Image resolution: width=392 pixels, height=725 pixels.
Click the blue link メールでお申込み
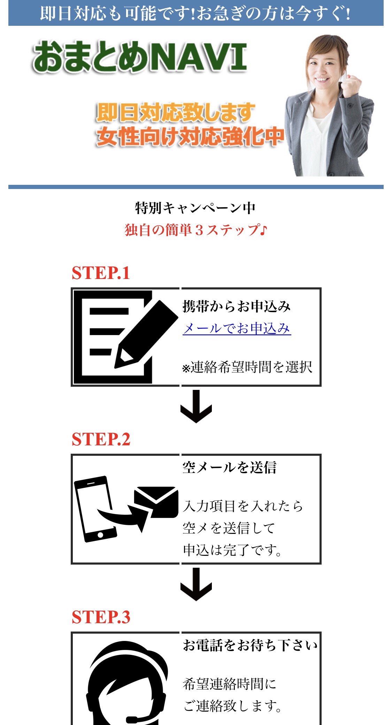pyautogui.click(x=237, y=328)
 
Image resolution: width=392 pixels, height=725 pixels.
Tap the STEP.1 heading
pyautogui.click(x=101, y=273)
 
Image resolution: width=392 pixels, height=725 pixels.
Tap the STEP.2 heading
pyautogui.click(x=101, y=439)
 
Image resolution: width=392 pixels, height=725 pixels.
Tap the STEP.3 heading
pyautogui.click(x=101, y=617)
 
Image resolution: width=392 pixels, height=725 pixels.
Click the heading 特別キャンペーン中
pyautogui.click(x=195, y=208)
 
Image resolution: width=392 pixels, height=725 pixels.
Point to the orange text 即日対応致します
pyautogui.click(x=176, y=112)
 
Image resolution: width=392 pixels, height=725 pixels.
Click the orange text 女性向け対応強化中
pyautogui.click(x=190, y=137)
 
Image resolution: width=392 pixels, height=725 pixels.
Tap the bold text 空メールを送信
pyautogui.click(x=230, y=468)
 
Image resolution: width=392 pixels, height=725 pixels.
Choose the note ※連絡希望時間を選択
pyautogui.click(x=247, y=367)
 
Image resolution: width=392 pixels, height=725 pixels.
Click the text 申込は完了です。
pyautogui.click(x=232, y=550)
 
